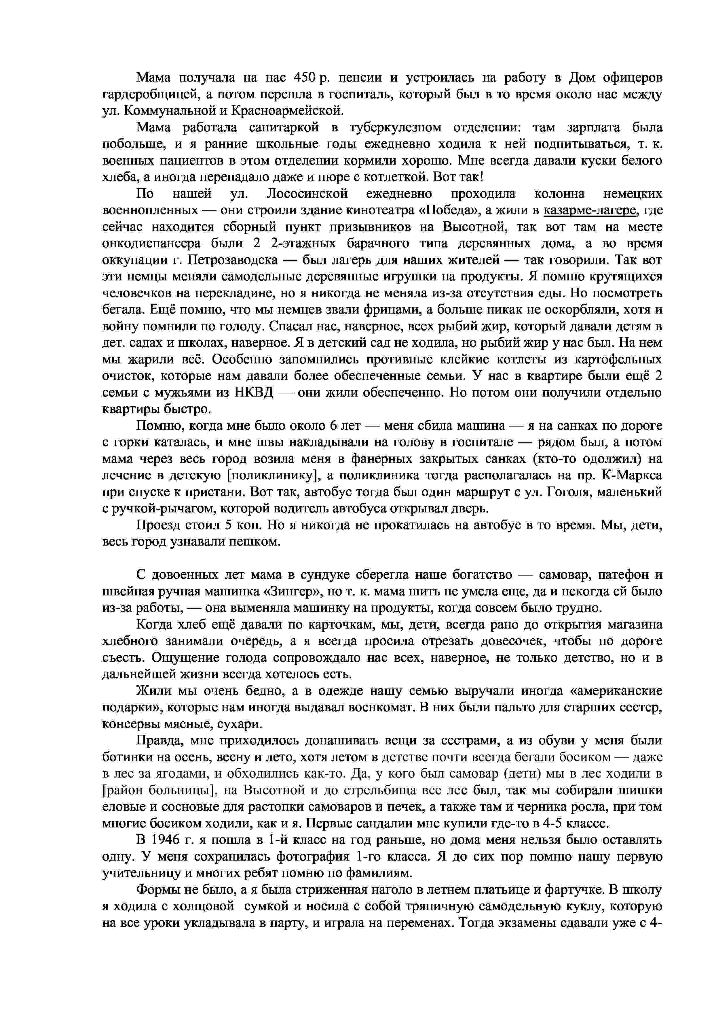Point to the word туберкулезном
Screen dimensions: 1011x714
pos(395,128)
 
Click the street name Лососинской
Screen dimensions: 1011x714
pos(307,194)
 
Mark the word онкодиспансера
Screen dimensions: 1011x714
pos(151,244)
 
